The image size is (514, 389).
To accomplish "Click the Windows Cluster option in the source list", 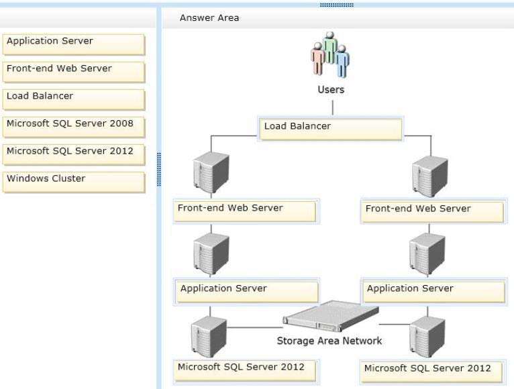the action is pyautogui.click(x=74, y=182).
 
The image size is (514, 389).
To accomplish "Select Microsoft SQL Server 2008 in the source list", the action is pyautogui.click(x=74, y=127).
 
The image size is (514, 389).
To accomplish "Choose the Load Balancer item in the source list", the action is pyautogui.click(x=74, y=100).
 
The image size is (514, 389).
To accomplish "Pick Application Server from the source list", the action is pyautogui.click(x=74, y=44).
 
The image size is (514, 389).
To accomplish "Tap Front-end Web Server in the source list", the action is pyautogui.click(x=74, y=72).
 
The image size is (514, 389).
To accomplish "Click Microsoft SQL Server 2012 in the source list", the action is pyautogui.click(x=74, y=155).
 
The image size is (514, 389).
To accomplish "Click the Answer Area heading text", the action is pyautogui.click(x=209, y=18).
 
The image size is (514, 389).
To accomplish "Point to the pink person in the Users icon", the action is pyautogui.click(x=317, y=59).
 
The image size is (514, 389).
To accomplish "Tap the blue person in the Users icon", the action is pyautogui.click(x=342, y=62).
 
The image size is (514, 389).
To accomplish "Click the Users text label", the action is pyautogui.click(x=331, y=90).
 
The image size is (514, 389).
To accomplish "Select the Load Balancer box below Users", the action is pyautogui.click(x=331, y=129).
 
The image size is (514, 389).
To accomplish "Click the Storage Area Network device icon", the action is pyautogui.click(x=331, y=317).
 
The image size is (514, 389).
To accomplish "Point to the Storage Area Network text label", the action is pyautogui.click(x=329, y=341).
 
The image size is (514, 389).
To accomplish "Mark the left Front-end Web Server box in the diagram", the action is pyautogui.click(x=245, y=211).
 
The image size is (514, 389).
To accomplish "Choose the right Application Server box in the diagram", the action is pyautogui.click(x=434, y=291).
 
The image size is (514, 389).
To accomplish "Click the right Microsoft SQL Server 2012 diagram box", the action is pyautogui.click(x=431, y=372).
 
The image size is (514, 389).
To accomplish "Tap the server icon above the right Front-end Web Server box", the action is pyautogui.click(x=430, y=176).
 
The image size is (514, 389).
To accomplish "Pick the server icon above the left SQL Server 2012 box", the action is pyautogui.click(x=209, y=337).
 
